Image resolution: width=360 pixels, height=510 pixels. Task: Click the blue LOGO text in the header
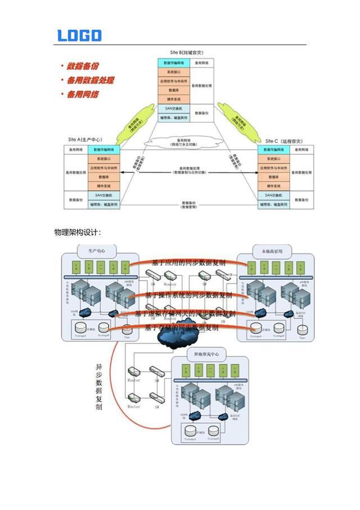pyautogui.click(x=79, y=35)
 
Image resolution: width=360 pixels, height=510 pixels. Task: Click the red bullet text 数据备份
pyautogui.click(x=84, y=66)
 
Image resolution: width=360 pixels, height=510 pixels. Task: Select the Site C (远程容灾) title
pyautogui.click(x=285, y=141)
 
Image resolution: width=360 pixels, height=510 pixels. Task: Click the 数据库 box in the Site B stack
pyautogui.click(x=173, y=90)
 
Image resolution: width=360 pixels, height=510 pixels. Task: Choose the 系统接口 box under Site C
pyautogui.click(x=274, y=159)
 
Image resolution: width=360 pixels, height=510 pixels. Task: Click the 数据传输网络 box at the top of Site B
pyautogui.click(x=173, y=64)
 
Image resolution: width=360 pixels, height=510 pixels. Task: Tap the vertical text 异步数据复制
pyautogui.click(x=99, y=388)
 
